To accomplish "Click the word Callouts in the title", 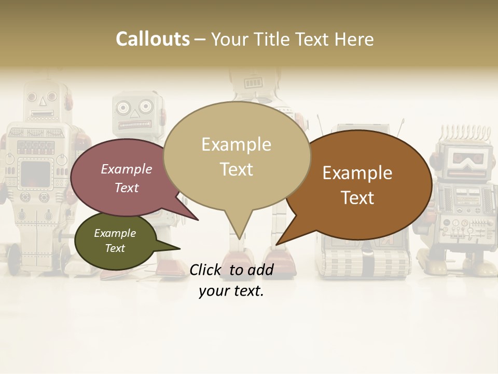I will pos(153,39).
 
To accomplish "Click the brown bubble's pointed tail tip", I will pos(277,244).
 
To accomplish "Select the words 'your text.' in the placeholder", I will pos(231,291).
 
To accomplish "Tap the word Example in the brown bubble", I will pos(357,173).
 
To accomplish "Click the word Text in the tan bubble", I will pos(237,169).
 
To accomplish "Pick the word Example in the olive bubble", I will pos(115,233).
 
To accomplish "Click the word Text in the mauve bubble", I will pos(127,188).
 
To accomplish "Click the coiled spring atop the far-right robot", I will pos(462,134).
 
